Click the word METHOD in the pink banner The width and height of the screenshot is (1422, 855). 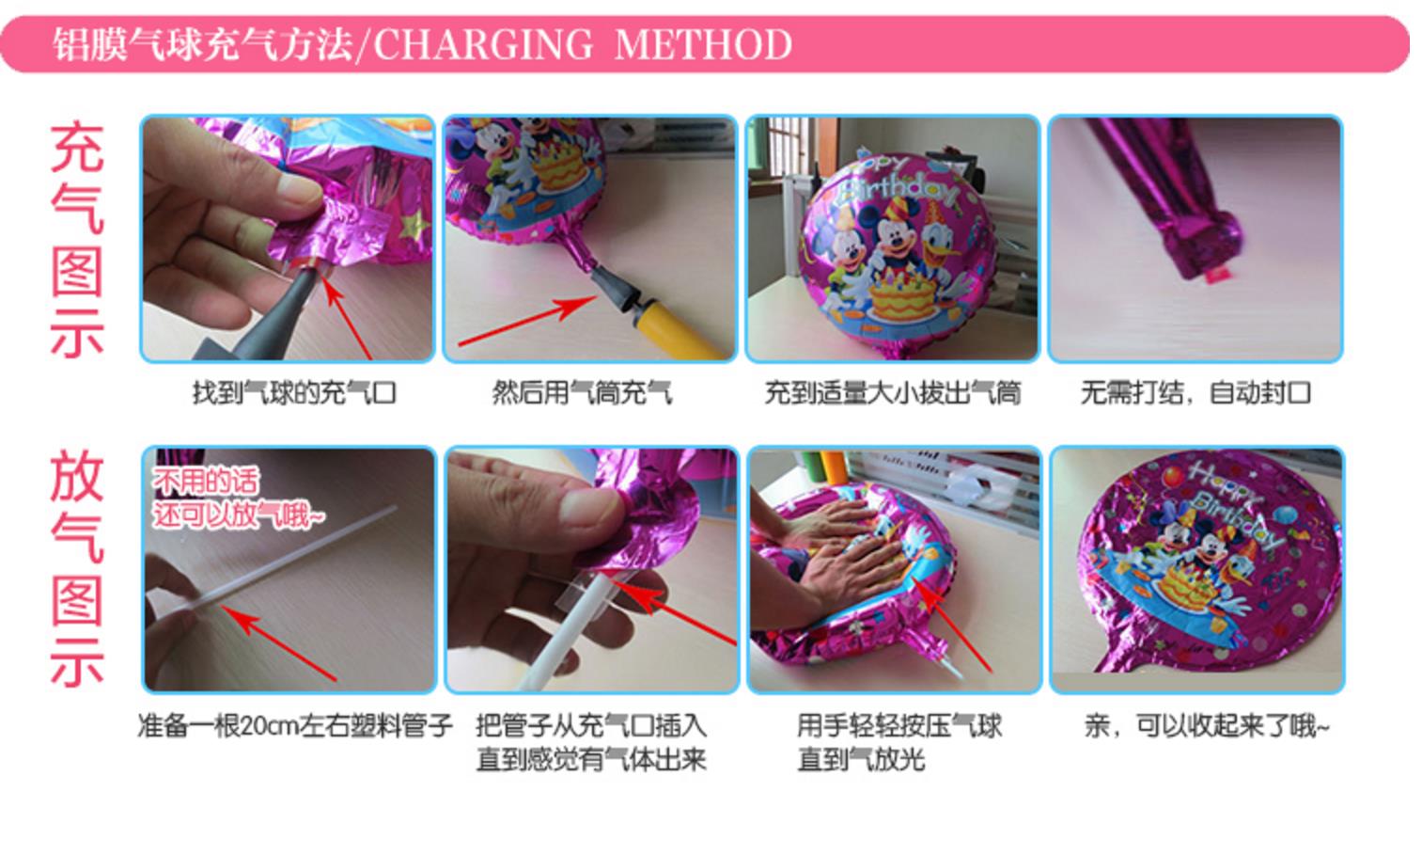pyautogui.click(x=703, y=44)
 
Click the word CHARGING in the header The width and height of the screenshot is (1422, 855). pyautogui.click(x=483, y=44)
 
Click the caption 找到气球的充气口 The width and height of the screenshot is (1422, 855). pyautogui.click(x=294, y=392)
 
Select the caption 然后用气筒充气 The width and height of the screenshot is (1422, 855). pyautogui.click(x=582, y=392)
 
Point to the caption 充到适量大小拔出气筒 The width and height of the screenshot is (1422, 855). pyautogui.click(x=893, y=392)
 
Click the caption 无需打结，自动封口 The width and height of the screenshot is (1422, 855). pyautogui.click(x=1195, y=392)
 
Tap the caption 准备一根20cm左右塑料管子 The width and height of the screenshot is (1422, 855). pyautogui.click(x=295, y=725)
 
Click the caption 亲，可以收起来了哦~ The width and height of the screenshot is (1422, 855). pyautogui.click(x=1207, y=725)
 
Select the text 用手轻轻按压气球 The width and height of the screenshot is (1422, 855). pyautogui.click(x=899, y=725)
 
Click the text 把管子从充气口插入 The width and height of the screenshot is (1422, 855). pyautogui.click(x=591, y=725)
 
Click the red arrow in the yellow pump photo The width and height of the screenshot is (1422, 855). pyautogui.click(x=527, y=322)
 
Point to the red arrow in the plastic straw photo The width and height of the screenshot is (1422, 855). pyautogui.click(x=278, y=642)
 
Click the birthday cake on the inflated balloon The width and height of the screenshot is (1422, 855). pyautogui.click(x=903, y=296)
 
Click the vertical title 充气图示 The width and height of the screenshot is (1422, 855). pyautogui.click(x=77, y=240)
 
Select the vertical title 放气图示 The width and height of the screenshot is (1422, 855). pyautogui.click(x=77, y=568)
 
